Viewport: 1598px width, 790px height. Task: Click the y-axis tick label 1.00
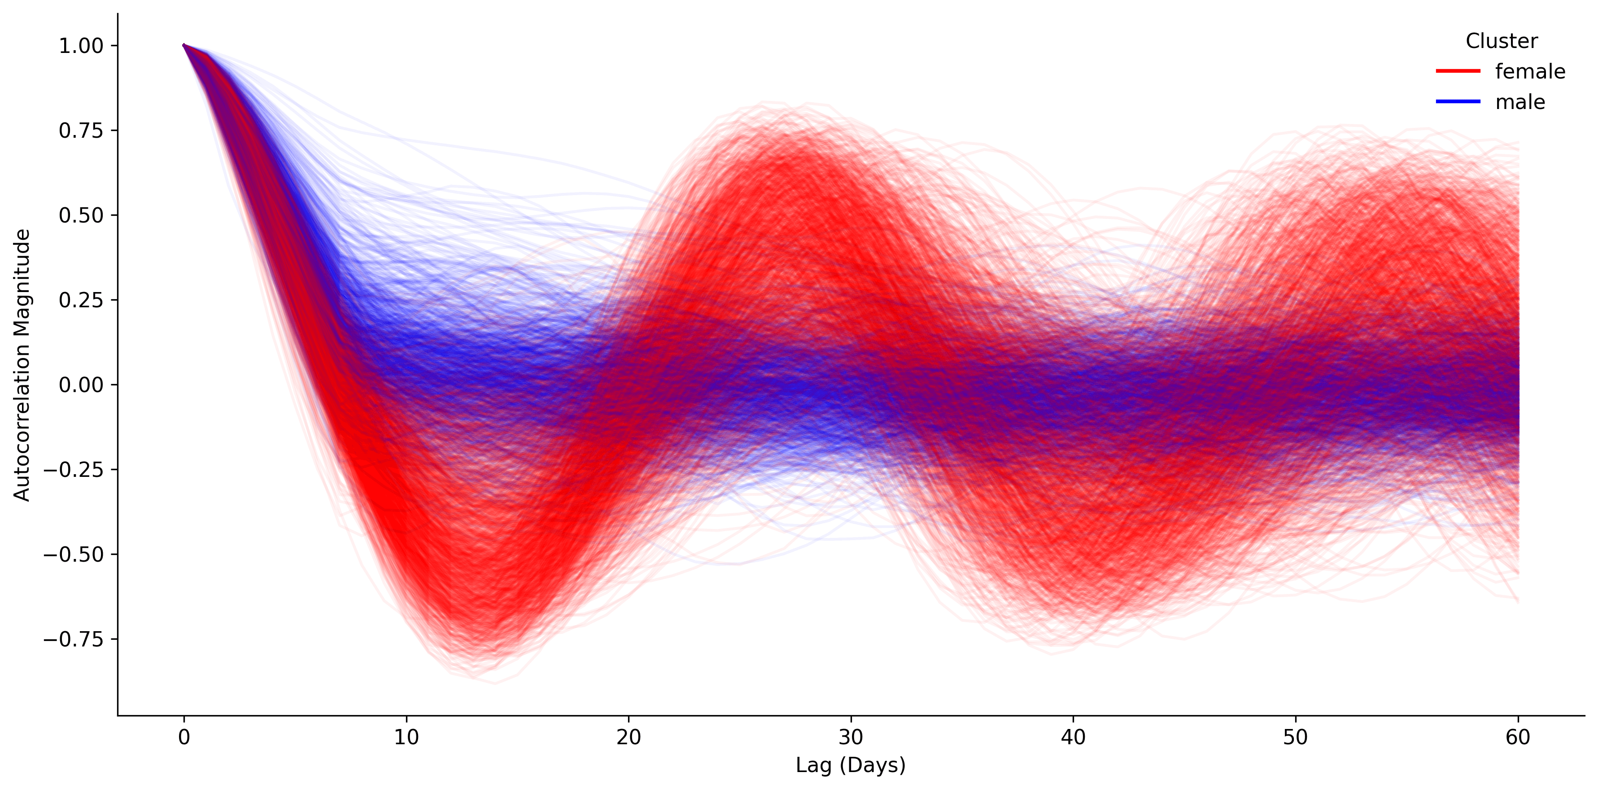(x=81, y=46)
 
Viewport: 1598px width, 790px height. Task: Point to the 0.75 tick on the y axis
(x=81, y=131)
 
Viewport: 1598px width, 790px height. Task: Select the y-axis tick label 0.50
(x=81, y=216)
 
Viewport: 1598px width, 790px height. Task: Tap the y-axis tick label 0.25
(x=81, y=300)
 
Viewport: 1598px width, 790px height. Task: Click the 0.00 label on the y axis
(x=81, y=385)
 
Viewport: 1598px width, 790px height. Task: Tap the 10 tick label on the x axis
(x=406, y=738)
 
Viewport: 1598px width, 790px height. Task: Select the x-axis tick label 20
(x=629, y=738)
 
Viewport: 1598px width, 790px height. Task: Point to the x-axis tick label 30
(x=851, y=738)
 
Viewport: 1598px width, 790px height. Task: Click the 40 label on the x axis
(x=1073, y=738)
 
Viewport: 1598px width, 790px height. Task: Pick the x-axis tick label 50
(x=1295, y=738)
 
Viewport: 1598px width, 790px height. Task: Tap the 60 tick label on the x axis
(x=1518, y=738)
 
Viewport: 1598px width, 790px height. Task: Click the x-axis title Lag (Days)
(x=851, y=765)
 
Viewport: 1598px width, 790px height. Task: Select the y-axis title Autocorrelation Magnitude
(x=22, y=365)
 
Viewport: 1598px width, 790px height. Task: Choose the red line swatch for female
(x=1458, y=71)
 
